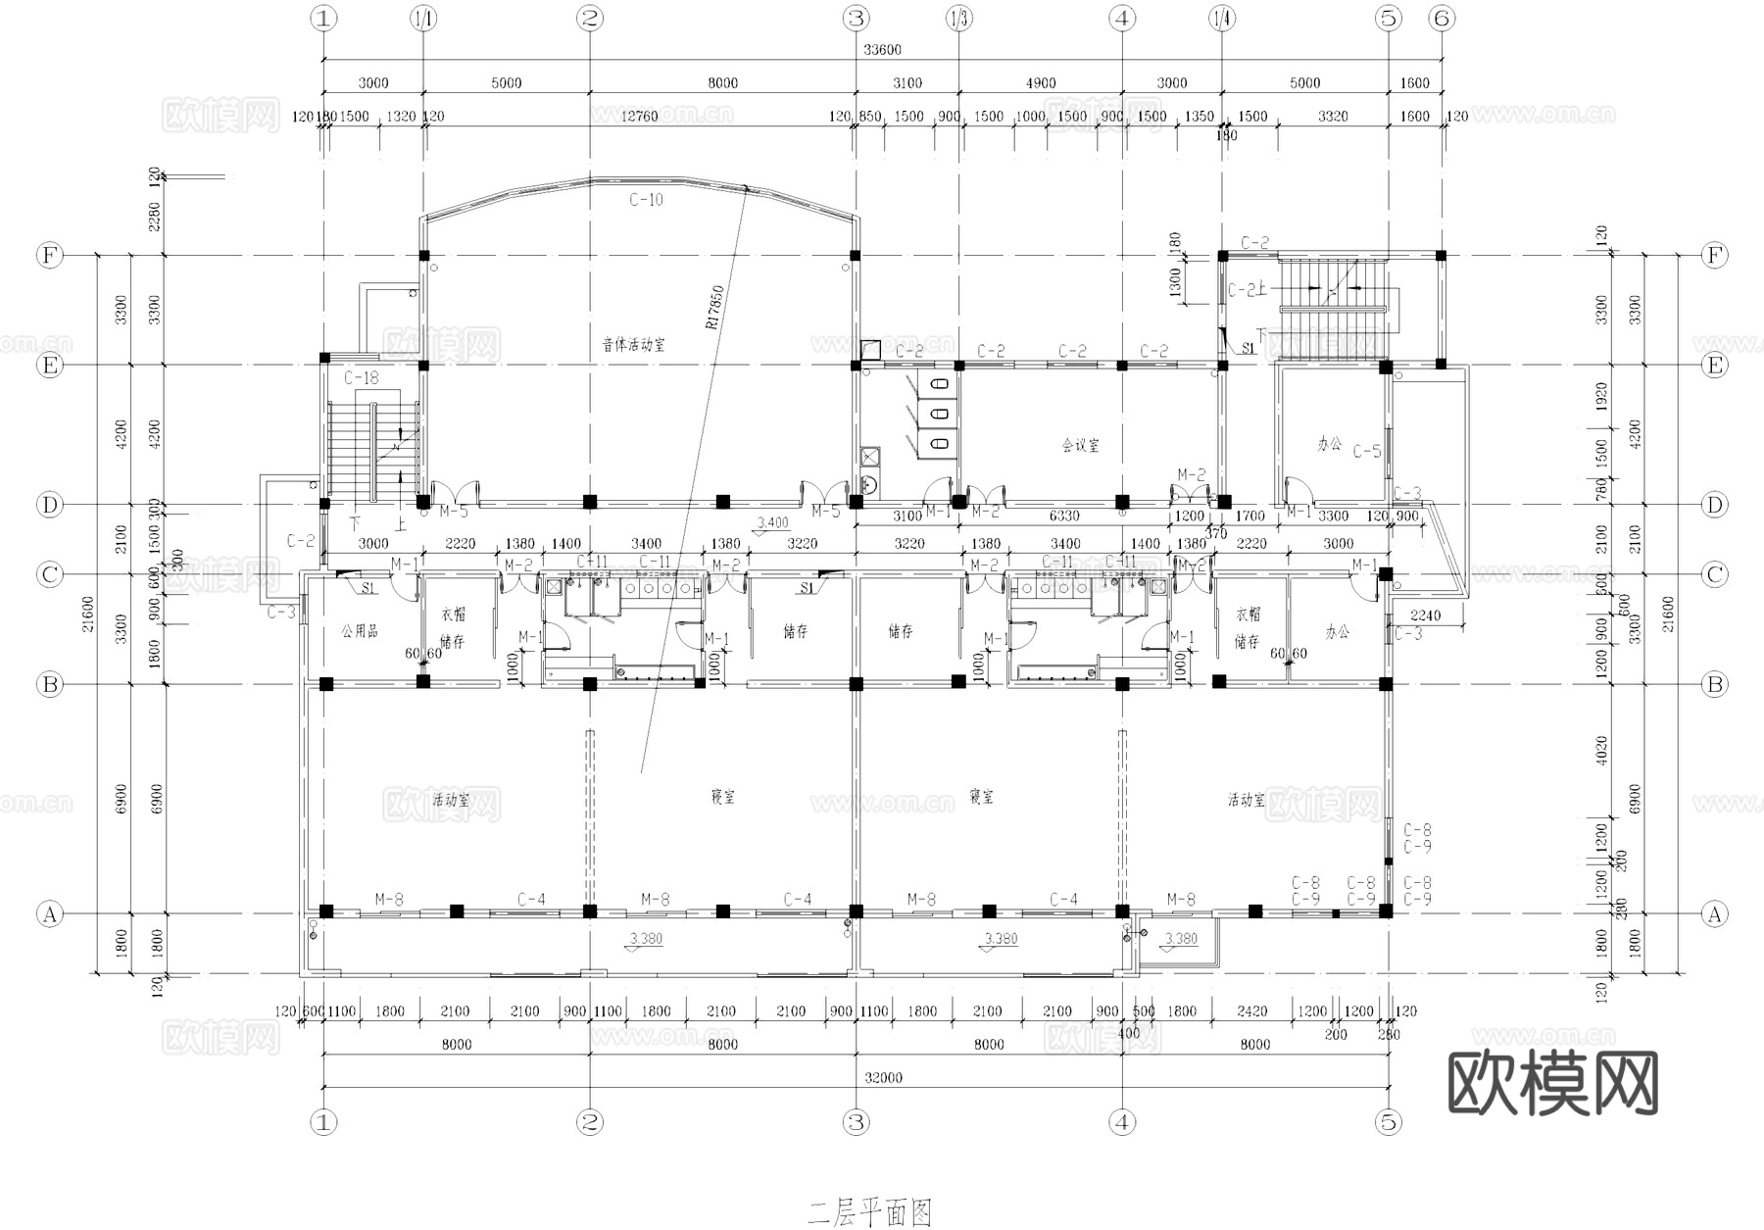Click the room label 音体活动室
coord(633,345)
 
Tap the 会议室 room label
coord(1080,445)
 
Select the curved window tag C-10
coord(646,200)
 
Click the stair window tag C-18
coord(361,377)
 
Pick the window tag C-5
coord(1366,452)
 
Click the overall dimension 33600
coord(882,50)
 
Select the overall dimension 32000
coord(883,1077)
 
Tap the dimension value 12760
coord(639,117)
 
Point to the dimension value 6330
coord(1063,516)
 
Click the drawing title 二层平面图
coord(869,1213)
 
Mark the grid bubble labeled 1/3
coord(958,18)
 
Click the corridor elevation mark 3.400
coord(772,522)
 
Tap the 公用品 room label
coord(359,631)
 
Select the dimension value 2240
coord(1425,615)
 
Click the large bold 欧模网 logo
coord(1552,1084)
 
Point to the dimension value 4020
coord(1602,752)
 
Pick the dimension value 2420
coord(1251,1011)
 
